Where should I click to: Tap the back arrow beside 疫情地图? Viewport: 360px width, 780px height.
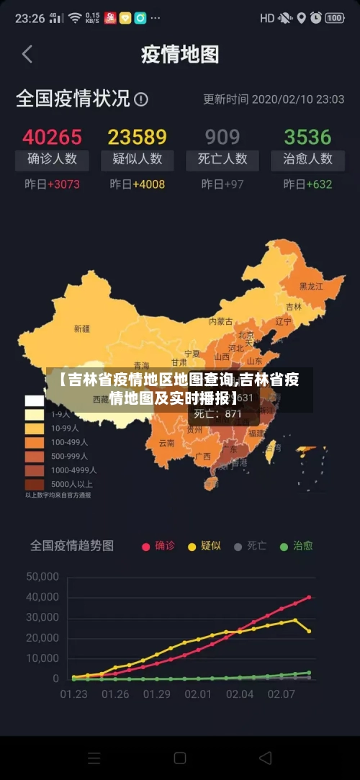coord(27,54)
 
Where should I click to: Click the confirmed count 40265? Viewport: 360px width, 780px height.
coord(52,137)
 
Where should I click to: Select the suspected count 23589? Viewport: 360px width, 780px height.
coord(137,137)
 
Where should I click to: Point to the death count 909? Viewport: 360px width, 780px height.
coord(222,137)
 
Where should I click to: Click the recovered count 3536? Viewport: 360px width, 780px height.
coord(307,137)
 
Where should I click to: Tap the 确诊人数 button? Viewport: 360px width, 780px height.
coord(52,159)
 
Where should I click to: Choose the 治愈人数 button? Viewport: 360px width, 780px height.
coord(307,159)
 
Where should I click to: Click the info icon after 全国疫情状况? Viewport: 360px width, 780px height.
coord(141,99)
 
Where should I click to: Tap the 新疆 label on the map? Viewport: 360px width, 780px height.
coord(82,328)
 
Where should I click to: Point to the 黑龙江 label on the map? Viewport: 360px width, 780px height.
coord(311,286)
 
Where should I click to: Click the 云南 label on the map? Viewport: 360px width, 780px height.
coord(166,443)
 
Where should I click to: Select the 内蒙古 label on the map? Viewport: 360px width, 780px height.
coord(221,321)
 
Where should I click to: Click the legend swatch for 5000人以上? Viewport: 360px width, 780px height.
coord(35,484)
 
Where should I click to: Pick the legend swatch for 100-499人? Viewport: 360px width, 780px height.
coord(35,442)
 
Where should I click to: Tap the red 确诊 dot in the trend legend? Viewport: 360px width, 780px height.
coord(146,547)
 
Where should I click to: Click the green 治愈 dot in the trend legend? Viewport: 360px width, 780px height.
coord(284,547)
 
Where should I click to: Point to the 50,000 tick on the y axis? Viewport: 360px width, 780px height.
coord(42,576)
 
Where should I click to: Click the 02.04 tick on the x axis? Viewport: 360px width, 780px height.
coord(240,694)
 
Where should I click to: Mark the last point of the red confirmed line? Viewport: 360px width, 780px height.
coord(309,597)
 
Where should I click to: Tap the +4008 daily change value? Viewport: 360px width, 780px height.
coord(148,184)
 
